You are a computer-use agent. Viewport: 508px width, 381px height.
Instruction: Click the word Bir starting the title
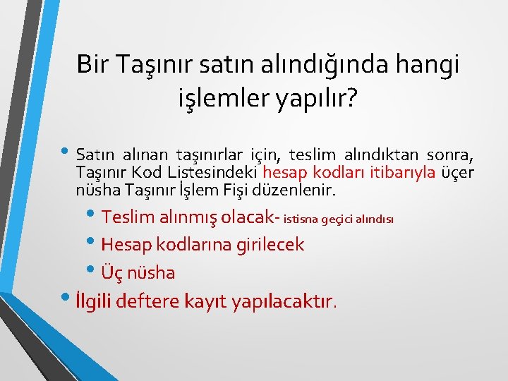95,65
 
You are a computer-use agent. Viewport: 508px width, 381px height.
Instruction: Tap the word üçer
457,173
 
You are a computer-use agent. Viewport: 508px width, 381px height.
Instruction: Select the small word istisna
302,219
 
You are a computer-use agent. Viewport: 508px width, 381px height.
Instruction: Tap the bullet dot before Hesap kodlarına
94,242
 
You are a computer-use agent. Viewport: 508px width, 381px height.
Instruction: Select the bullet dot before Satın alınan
68,150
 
